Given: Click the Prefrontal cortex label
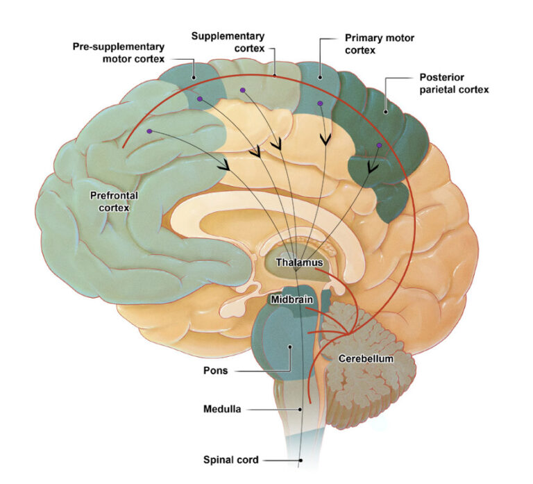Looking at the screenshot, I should click(x=115, y=201).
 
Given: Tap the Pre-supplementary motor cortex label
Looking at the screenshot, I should click(x=119, y=52).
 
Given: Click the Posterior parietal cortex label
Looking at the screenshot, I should click(x=454, y=83).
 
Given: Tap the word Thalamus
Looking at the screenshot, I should click(x=296, y=262).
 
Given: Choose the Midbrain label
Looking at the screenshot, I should click(x=291, y=299).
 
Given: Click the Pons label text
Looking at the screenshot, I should click(x=215, y=371).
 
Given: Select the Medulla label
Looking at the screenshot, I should click(x=223, y=410).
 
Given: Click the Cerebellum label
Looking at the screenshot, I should click(x=366, y=359).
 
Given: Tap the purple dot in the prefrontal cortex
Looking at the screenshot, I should click(x=149, y=131).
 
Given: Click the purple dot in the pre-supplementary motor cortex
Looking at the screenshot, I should click(x=200, y=99).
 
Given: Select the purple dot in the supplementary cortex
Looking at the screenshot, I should click(x=242, y=90).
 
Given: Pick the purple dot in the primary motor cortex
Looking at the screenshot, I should click(x=320, y=104).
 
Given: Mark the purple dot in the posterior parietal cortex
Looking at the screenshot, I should click(x=379, y=146).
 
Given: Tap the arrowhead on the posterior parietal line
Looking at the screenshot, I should click(x=372, y=167).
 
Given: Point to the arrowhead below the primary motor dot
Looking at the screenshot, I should click(x=324, y=140).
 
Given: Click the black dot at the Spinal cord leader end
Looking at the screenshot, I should click(x=301, y=460).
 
